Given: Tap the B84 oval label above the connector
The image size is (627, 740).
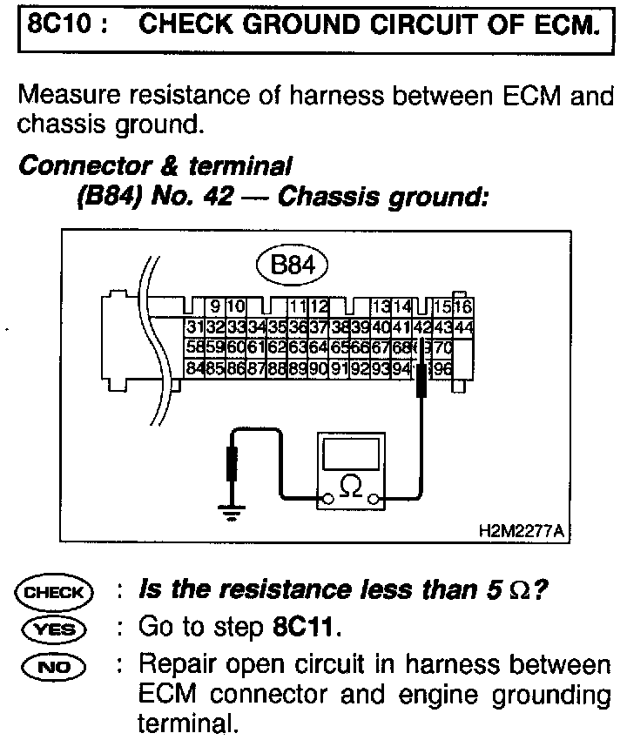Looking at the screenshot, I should click(x=292, y=265).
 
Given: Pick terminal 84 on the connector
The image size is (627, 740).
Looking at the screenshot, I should click(x=194, y=368).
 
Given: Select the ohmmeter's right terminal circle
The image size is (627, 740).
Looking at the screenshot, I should click(x=374, y=500).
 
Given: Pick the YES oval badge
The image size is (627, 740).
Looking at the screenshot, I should click(x=53, y=627).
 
